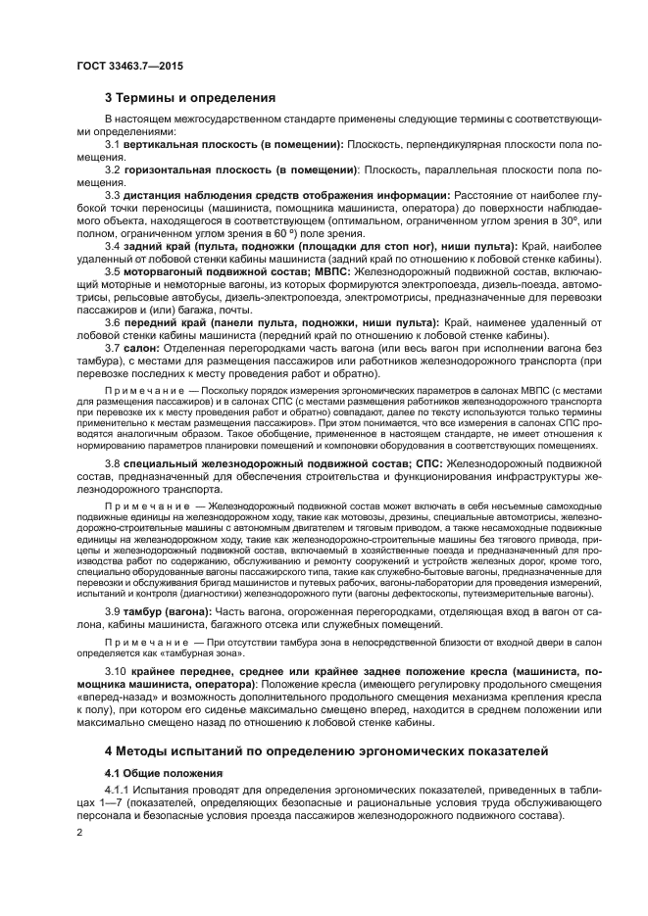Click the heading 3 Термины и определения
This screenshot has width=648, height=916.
[190, 98]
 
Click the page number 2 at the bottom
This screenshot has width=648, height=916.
[79, 832]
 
